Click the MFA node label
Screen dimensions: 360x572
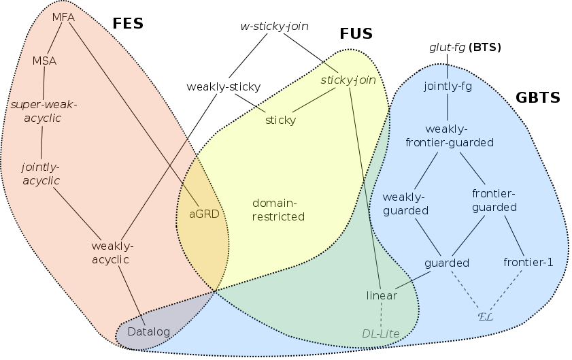(63, 17)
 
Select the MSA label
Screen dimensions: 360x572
(44, 61)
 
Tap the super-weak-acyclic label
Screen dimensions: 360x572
(44, 111)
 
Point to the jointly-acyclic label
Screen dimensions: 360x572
(41, 173)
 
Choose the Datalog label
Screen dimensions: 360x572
(149, 332)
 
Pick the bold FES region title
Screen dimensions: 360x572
(128, 24)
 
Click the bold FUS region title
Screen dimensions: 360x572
(356, 34)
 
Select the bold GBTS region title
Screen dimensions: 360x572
(537, 97)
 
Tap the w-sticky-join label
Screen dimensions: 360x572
(275, 27)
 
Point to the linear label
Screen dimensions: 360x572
(382, 295)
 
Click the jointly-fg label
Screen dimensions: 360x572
(448, 86)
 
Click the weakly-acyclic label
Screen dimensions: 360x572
(112, 252)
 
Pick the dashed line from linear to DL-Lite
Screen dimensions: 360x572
(382, 314)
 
